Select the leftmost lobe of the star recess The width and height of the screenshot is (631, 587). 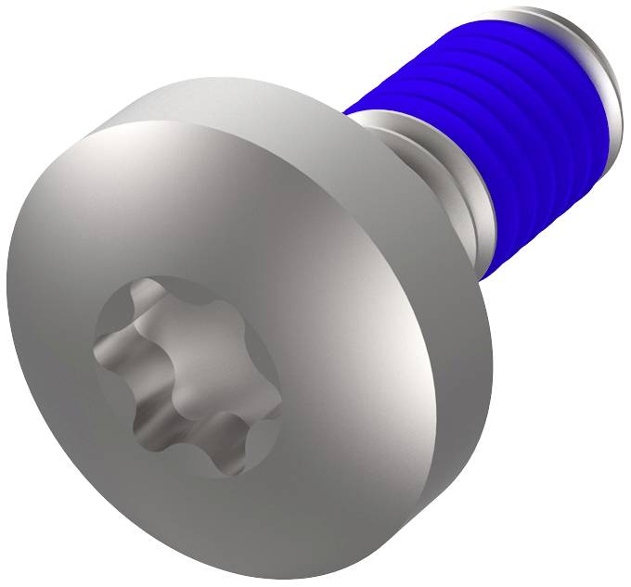coord(106,353)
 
